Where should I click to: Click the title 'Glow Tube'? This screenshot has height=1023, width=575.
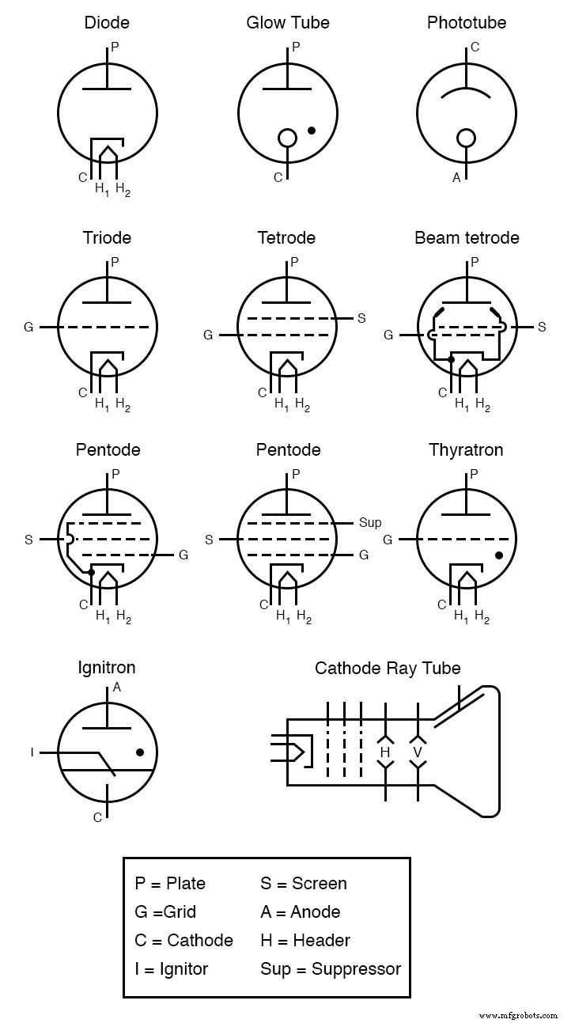[287, 22]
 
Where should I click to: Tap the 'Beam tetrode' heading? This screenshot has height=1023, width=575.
[467, 237]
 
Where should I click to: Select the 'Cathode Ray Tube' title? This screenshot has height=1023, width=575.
[388, 668]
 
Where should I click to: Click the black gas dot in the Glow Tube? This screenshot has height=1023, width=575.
[312, 130]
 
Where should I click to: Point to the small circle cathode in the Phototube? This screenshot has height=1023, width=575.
[467, 138]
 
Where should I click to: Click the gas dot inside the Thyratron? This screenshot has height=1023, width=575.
[499, 555]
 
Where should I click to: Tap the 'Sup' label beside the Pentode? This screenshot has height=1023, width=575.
[370, 522]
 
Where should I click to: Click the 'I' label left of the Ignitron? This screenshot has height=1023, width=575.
[32, 752]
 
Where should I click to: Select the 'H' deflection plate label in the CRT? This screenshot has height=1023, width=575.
[385, 752]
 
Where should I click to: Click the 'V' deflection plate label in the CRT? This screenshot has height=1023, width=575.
[417, 752]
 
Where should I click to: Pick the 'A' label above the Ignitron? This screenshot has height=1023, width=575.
[117, 688]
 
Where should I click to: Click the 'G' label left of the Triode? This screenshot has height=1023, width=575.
[28, 327]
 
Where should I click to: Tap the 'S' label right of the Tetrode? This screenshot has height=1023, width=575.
[361, 318]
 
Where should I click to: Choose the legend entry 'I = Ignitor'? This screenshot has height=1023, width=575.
[171, 968]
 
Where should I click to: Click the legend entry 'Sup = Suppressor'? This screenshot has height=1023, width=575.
[330, 968]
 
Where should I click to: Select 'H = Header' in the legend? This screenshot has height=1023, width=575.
[305, 940]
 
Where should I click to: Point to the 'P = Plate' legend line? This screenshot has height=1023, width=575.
[170, 883]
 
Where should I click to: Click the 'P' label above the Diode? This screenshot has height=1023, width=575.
[115, 47]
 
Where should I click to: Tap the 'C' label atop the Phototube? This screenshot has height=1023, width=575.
[475, 47]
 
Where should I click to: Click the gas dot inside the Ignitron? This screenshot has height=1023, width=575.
[140, 752]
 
